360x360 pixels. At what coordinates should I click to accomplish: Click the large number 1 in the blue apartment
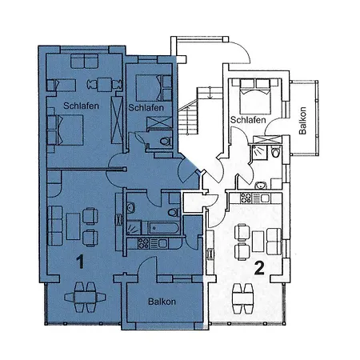[80, 262]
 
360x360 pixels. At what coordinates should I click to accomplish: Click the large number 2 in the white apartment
[259, 268]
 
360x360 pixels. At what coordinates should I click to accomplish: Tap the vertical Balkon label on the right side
[302, 121]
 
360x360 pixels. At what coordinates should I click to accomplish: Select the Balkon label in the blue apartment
[162, 302]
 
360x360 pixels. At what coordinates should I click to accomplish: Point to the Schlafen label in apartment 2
[248, 120]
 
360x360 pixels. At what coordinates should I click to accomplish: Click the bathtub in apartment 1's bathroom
[164, 228]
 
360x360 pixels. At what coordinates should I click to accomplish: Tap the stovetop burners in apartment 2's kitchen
[246, 198]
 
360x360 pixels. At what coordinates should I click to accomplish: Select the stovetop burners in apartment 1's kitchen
[143, 243]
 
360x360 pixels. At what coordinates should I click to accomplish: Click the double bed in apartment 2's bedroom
[255, 96]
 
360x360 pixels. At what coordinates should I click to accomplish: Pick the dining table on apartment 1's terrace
[85, 297]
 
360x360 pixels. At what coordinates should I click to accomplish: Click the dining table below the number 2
[242, 298]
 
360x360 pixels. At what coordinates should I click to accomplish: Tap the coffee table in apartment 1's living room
[73, 226]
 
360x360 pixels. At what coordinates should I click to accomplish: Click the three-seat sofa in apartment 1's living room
[55, 226]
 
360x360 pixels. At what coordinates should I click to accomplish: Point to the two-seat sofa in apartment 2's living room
[274, 242]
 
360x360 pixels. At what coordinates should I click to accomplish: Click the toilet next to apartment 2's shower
[276, 152]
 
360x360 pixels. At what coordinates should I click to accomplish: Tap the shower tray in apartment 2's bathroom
[259, 152]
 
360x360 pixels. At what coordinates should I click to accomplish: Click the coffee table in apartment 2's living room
[258, 242]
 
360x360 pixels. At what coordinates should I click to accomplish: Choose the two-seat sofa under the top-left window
[85, 61]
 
